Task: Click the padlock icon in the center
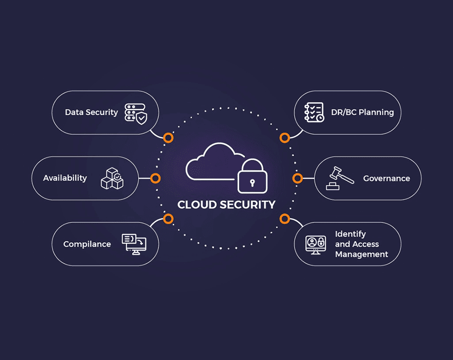click(x=252, y=177)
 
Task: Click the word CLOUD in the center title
click(x=197, y=205)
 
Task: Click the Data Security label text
click(x=91, y=112)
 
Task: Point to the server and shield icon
click(x=135, y=113)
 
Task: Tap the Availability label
click(x=65, y=178)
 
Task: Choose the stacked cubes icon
click(x=112, y=179)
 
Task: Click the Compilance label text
click(x=87, y=244)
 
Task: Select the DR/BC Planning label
click(x=362, y=112)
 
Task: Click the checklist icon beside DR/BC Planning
click(x=314, y=112)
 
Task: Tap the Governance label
click(x=386, y=179)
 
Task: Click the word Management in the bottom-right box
click(x=361, y=254)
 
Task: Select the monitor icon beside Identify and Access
click(x=315, y=244)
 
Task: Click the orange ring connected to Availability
click(x=155, y=179)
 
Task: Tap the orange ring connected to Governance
click(x=297, y=179)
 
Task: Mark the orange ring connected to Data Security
click(x=168, y=138)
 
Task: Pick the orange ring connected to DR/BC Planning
click(x=284, y=138)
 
